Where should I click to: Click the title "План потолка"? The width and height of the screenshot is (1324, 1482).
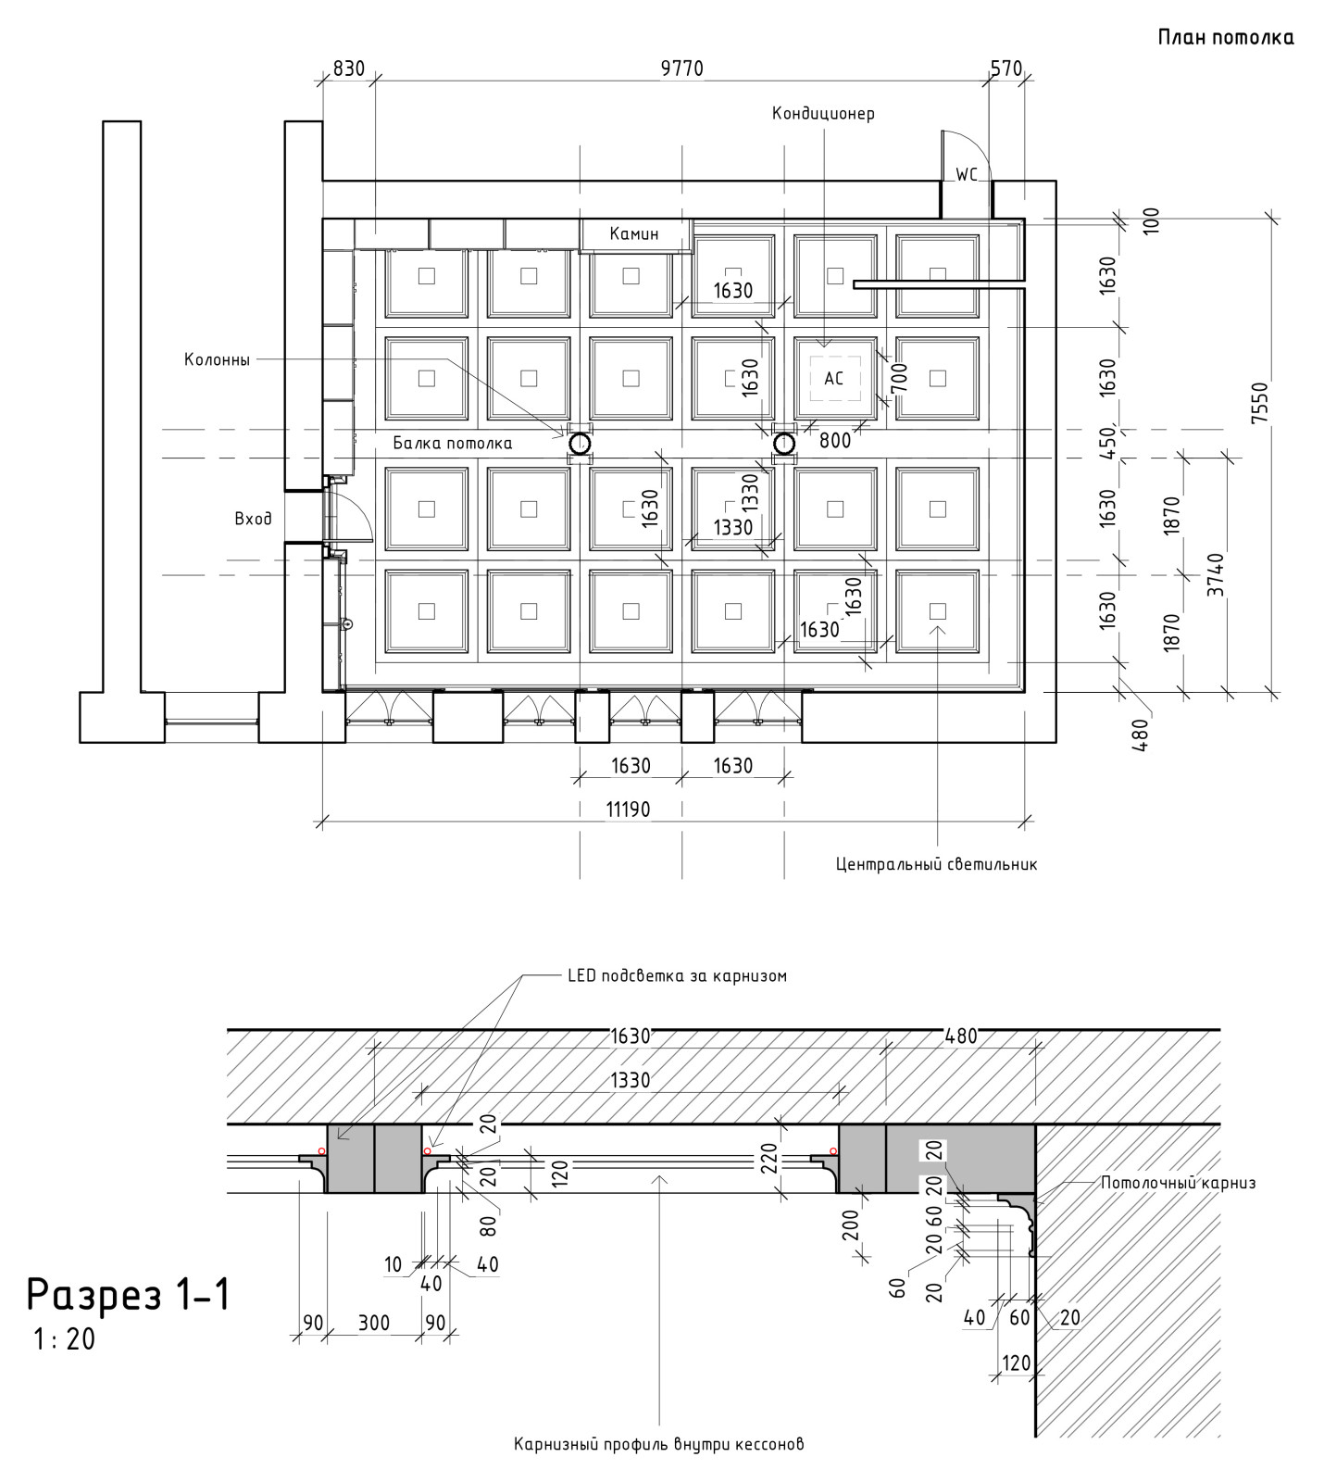click(1225, 38)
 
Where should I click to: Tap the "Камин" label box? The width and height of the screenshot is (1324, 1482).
click(634, 234)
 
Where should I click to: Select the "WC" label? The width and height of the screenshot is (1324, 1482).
click(966, 174)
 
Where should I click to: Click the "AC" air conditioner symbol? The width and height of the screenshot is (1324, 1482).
click(834, 379)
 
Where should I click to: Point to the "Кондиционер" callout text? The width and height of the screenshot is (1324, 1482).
click(823, 114)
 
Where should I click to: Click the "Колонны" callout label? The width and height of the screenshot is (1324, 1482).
click(217, 360)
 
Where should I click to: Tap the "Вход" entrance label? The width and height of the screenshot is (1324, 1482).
click(253, 519)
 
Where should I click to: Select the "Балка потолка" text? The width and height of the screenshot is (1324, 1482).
click(452, 444)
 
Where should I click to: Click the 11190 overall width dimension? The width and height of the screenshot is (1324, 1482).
click(628, 810)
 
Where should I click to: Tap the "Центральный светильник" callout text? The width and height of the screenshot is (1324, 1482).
click(936, 864)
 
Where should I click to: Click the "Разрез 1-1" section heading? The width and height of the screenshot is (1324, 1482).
click(128, 1295)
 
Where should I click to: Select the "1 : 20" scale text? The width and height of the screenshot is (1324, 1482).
click(63, 1339)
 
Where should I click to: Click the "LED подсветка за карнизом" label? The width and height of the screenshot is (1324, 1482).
click(676, 976)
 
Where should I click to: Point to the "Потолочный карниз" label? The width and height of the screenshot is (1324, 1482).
click(1178, 1183)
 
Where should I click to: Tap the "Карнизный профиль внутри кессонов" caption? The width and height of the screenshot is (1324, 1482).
click(658, 1444)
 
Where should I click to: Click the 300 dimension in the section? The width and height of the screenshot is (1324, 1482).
click(374, 1322)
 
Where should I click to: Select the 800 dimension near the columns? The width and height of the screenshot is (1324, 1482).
click(834, 441)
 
